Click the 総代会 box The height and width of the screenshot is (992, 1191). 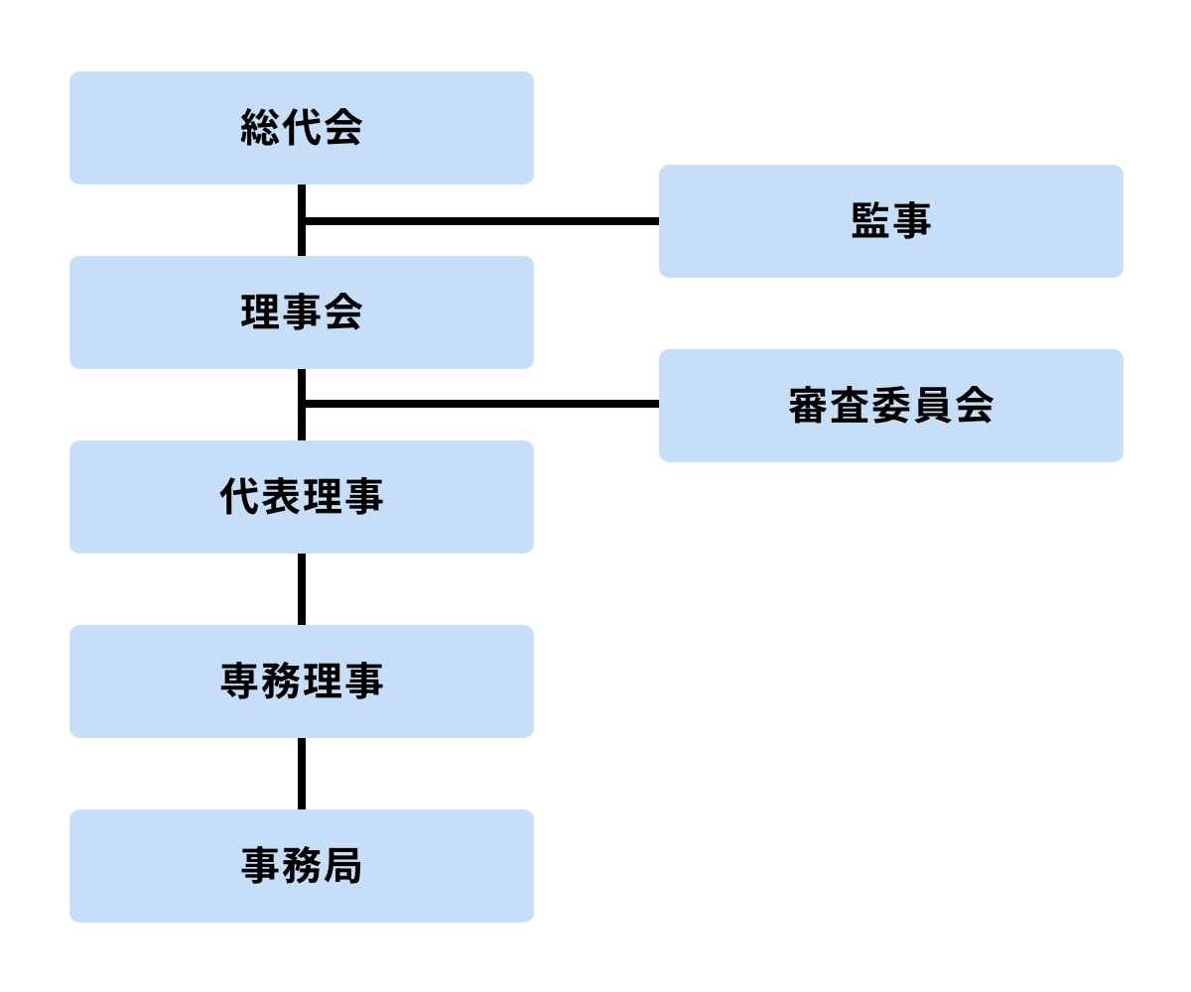(301, 128)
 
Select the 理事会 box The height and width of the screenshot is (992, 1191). (301, 312)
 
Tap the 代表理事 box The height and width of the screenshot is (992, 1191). (301, 497)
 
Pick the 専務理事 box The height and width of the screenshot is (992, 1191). (301, 682)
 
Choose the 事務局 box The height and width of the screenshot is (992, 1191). (301, 866)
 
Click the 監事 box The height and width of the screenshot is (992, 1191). (890, 221)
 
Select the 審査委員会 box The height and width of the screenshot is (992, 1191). (890, 406)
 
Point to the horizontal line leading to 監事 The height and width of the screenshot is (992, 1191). (481, 221)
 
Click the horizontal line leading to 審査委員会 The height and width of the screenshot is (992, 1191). (481, 404)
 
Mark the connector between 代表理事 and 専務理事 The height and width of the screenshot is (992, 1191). (302, 589)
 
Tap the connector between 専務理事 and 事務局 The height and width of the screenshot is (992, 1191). (302, 774)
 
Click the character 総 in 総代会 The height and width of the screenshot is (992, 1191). (260, 128)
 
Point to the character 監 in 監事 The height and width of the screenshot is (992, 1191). (870, 221)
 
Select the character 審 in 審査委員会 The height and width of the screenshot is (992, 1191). (809, 406)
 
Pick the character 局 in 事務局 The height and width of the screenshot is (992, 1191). (342, 866)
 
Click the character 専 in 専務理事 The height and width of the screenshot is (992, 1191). (239, 682)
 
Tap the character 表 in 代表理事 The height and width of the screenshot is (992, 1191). (281, 497)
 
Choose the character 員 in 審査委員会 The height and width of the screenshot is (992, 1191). (932, 406)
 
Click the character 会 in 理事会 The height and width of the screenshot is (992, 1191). (342, 312)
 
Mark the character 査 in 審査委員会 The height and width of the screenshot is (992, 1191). (850, 406)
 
